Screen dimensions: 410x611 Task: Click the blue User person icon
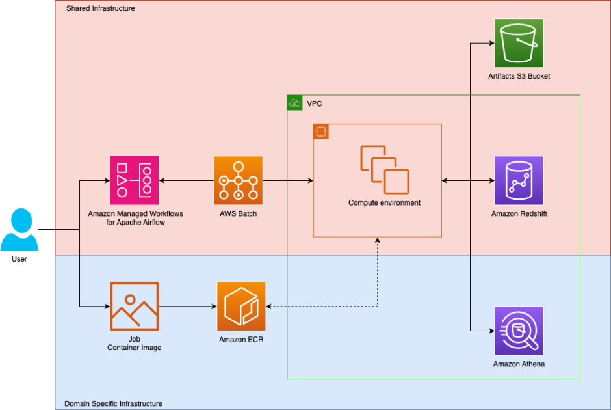19,229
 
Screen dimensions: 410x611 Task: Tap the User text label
19,259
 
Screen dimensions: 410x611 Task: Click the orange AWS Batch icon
239,180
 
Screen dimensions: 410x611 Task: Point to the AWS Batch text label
239,213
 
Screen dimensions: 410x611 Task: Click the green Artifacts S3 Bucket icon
519,43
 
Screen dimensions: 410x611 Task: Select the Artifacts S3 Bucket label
519,76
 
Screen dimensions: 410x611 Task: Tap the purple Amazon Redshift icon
519,180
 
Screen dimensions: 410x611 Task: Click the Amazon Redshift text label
519,213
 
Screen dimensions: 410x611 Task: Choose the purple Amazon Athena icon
519,331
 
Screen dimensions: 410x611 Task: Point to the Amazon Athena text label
519,364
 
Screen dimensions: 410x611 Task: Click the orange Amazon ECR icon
242,307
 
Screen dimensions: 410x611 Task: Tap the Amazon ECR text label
242,340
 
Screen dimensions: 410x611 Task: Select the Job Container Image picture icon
135,307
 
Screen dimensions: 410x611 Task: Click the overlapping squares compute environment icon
385,169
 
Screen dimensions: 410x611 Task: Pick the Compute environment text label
384,203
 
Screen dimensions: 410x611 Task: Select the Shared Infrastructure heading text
100,8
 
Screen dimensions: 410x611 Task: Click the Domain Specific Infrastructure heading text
113,403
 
